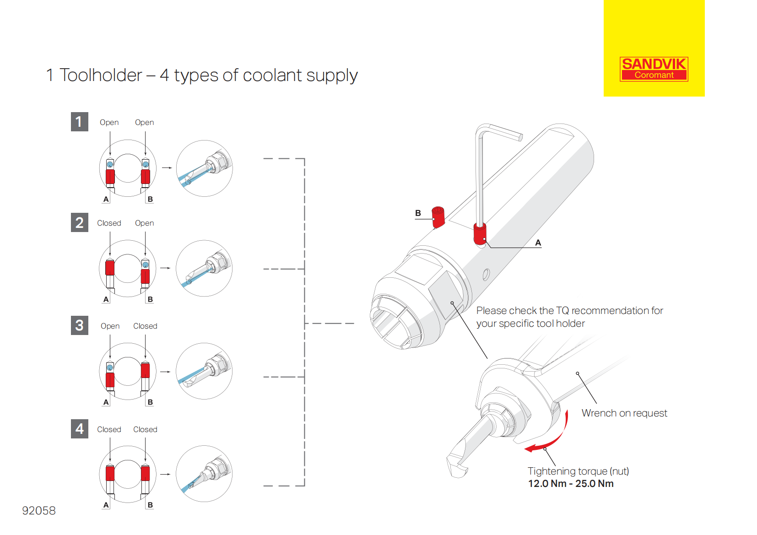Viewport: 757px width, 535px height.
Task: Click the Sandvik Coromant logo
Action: point(654,69)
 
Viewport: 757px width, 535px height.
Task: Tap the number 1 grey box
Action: point(79,122)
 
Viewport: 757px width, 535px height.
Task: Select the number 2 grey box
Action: point(79,222)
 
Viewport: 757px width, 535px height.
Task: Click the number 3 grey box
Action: point(79,325)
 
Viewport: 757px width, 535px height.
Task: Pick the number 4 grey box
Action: point(79,429)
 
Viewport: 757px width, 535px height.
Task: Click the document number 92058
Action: point(39,510)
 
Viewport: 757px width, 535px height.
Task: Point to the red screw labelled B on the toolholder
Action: point(438,217)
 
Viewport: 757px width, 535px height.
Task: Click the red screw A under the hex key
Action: point(480,233)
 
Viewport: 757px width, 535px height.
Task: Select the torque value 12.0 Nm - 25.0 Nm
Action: point(570,484)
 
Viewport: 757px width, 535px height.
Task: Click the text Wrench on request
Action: point(624,413)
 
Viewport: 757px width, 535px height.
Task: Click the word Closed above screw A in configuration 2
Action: point(109,223)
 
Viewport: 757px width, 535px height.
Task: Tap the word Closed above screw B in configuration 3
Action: point(145,326)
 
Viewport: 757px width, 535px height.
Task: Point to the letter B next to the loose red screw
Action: point(418,213)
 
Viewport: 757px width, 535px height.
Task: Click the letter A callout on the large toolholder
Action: point(538,243)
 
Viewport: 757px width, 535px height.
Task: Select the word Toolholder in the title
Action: point(101,75)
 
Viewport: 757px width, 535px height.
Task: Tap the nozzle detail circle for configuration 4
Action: point(204,474)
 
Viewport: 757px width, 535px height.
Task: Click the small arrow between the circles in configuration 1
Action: point(167,168)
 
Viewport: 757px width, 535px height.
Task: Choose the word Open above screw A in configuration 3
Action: point(110,326)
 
